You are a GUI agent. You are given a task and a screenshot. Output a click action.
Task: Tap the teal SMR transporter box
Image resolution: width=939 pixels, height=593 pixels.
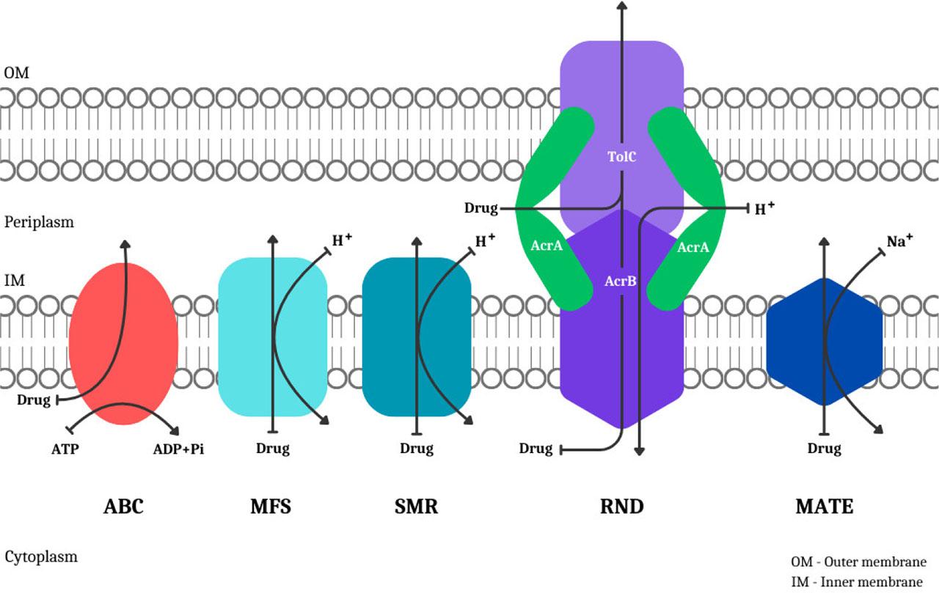(x=389, y=337)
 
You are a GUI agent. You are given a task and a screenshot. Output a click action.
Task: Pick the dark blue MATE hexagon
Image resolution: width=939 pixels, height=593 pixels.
(x=796, y=345)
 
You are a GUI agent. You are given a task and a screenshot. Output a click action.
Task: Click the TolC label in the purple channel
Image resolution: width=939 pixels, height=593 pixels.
(x=621, y=156)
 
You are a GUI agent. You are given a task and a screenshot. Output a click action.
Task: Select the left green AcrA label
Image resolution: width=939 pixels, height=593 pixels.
(x=547, y=246)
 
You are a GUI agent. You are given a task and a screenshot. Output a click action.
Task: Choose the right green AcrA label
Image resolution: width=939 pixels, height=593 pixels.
(x=693, y=248)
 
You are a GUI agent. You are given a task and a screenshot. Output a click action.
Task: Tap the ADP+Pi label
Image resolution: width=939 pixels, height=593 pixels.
(x=178, y=449)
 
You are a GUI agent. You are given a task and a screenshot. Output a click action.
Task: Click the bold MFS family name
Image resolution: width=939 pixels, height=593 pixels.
(x=271, y=506)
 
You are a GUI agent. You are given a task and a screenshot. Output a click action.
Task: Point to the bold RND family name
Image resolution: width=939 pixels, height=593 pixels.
(x=621, y=506)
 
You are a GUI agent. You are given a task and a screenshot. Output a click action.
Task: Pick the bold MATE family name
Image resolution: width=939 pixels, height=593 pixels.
(x=825, y=506)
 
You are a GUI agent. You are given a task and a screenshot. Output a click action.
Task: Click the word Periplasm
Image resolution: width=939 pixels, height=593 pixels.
(x=39, y=221)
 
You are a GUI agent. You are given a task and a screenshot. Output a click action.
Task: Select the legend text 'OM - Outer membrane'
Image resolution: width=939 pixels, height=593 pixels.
(x=858, y=562)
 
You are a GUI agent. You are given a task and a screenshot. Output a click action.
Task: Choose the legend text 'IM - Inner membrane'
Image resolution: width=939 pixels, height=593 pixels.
(x=856, y=582)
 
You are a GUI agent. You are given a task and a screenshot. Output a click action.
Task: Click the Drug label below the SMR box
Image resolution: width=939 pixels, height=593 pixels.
(x=417, y=449)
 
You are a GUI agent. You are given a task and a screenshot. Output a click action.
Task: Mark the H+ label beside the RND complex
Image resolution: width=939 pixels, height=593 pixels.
(x=764, y=209)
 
